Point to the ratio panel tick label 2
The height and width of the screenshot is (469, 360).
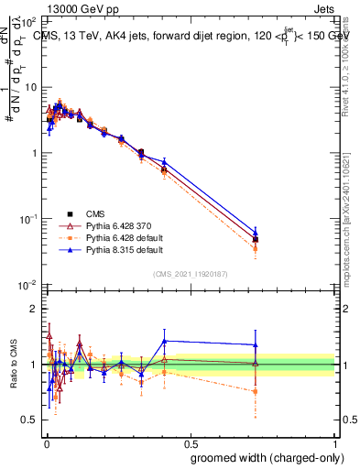click(x=33, y=310)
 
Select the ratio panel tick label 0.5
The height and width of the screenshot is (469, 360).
click(x=29, y=420)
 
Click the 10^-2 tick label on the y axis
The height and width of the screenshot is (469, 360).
click(x=27, y=286)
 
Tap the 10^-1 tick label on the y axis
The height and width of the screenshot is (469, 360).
click(x=27, y=220)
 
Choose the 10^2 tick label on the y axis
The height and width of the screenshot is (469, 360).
click(x=27, y=21)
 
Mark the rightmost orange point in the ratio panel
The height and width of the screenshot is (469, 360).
click(x=256, y=391)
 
